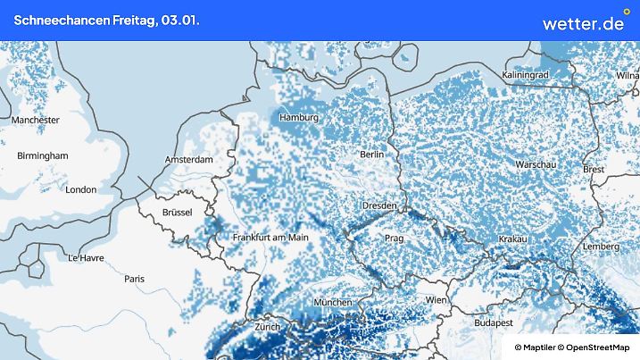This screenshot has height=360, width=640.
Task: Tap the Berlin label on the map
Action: pyautogui.click(x=371, y=155)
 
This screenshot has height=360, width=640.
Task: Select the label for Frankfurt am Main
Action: pyautogui.click(x=270, y=238)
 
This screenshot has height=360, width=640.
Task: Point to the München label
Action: pyautogui.click(x=333, y=303)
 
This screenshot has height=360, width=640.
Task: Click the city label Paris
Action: pyautogui.click(x=135, y=279)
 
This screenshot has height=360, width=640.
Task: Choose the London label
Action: pyautogui.click(x=81, y=189)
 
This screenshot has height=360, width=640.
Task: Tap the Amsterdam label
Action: pyautogui.click(x=189, y=160)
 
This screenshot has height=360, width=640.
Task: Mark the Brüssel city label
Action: pyautogui.click(x=178, y=212)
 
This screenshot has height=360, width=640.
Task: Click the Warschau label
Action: pyautogui.click(x=536, y=165)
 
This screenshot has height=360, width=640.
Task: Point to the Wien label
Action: pyautogui.click(x=436, y=300)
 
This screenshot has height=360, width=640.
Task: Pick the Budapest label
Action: pyautogui.click(x=492, y=322)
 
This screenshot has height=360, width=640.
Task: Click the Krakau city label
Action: pyautogui.click(x=513, y=239)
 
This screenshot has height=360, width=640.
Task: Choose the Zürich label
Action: pyautogui.click(x=267, y=327)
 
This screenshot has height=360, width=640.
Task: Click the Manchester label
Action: pyautogui.click(x=36, y=120)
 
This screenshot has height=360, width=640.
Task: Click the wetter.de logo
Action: pyautogui.click(x=583, y=22)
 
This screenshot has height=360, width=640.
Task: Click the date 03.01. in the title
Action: pyautogui.click(x=181, y=20)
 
